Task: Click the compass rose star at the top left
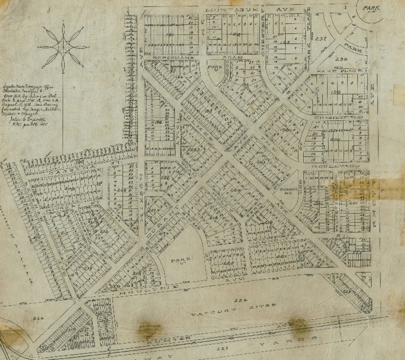[63, 45]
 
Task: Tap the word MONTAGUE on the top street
[231, 10]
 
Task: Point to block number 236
[341, 59]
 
